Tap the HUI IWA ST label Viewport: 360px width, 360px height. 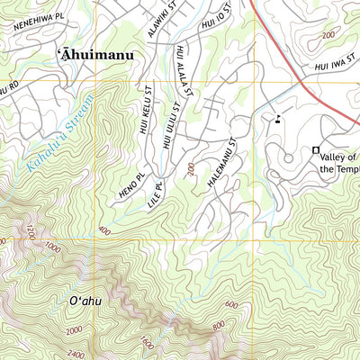332,66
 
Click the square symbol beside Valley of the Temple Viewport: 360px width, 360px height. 316,149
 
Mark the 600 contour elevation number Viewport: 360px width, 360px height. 231,305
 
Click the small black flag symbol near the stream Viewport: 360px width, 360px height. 278,117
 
